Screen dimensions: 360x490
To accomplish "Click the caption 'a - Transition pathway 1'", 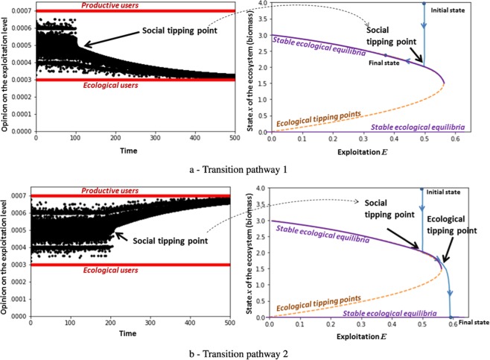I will (x=245, y=169).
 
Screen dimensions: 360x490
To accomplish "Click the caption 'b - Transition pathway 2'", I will (x=245, y=353).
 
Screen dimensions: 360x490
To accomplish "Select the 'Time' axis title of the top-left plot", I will (x=132, y=148).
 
